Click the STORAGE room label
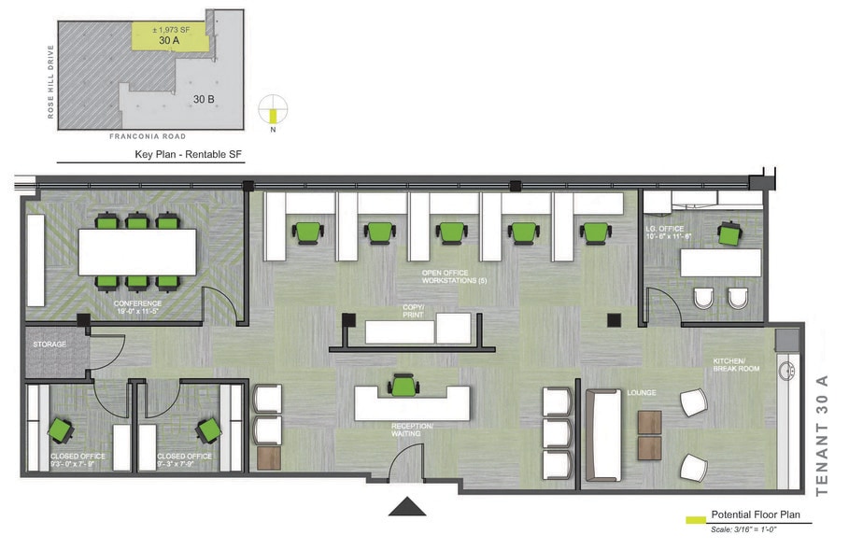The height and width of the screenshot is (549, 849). tap(50, 345)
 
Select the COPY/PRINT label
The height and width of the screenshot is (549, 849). tap(413, 311)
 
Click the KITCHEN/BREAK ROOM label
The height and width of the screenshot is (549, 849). tap(737, 364)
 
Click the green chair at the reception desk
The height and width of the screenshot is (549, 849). tap(403, 385)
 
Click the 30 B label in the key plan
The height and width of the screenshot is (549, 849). tap(205, 98)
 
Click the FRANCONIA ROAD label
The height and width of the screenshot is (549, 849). tap(149, 136)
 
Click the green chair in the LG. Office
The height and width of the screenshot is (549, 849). tap(728, 234)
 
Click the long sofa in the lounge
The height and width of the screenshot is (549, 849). tap(603, 434)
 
